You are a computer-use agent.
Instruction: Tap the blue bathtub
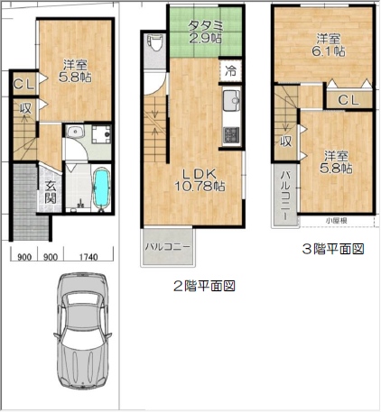pos(102,188)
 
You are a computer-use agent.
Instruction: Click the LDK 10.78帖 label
pos(200,180)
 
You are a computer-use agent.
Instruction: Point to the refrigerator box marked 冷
pos(231,71)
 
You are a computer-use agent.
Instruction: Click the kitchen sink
pos(232,100)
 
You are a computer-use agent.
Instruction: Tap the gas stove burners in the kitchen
pos(232,134)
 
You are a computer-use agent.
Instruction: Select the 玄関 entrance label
pos(51,192)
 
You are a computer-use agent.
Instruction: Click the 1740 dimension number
pos(88,257)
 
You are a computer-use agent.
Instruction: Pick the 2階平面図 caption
pos(204,286)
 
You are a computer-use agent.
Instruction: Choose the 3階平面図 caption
pos(333,249)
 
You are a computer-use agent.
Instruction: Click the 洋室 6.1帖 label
pos(329,45)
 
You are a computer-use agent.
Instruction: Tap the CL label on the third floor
pos(348,100)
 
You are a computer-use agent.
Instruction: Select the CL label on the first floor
pos(24,85)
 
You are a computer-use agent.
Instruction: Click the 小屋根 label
pos(337,221)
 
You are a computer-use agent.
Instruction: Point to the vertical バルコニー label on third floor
pos(285,196)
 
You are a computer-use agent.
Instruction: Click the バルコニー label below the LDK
pos(168,247)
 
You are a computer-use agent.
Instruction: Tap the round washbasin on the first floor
pos(73,133)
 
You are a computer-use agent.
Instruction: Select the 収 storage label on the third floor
pos(286,142)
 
